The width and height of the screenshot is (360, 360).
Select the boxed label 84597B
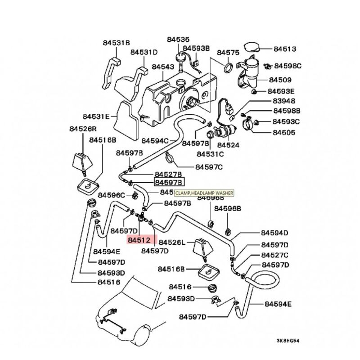click(x=169, y=182)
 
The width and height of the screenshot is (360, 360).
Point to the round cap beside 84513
click(x=251, y=48)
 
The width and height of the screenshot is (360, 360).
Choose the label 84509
click(x=280, y=81)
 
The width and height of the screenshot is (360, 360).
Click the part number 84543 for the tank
click(x=162, y=67)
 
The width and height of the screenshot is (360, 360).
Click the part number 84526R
click(x=83, y=129)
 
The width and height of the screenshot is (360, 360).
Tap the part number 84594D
click(x=274, y=233)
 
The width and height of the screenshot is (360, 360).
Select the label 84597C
click(x=209, y=167)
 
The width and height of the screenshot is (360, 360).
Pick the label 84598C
click(x=288, y=66)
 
